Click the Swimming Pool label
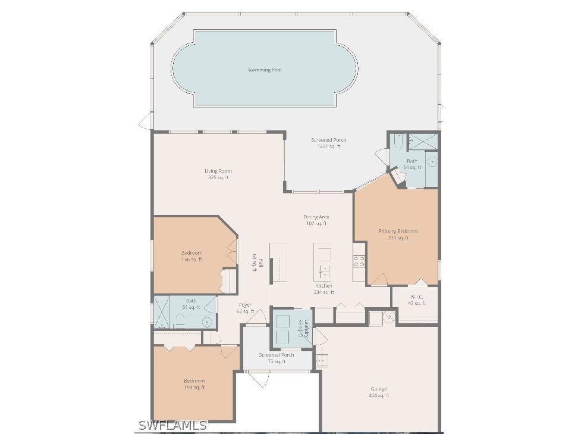tap(265, 70)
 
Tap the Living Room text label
tap(218, 174)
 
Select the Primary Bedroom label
tap(398, 234)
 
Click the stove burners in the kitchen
tap(359, 261)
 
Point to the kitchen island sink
tap(323, 271)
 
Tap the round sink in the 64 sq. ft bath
tap(432, 161)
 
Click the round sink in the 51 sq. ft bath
tap(206, 322)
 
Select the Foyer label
tap(245, 308)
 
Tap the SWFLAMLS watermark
tap(172, 425)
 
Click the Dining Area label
tap(316, 220)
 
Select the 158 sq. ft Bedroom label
tap(194, 384)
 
